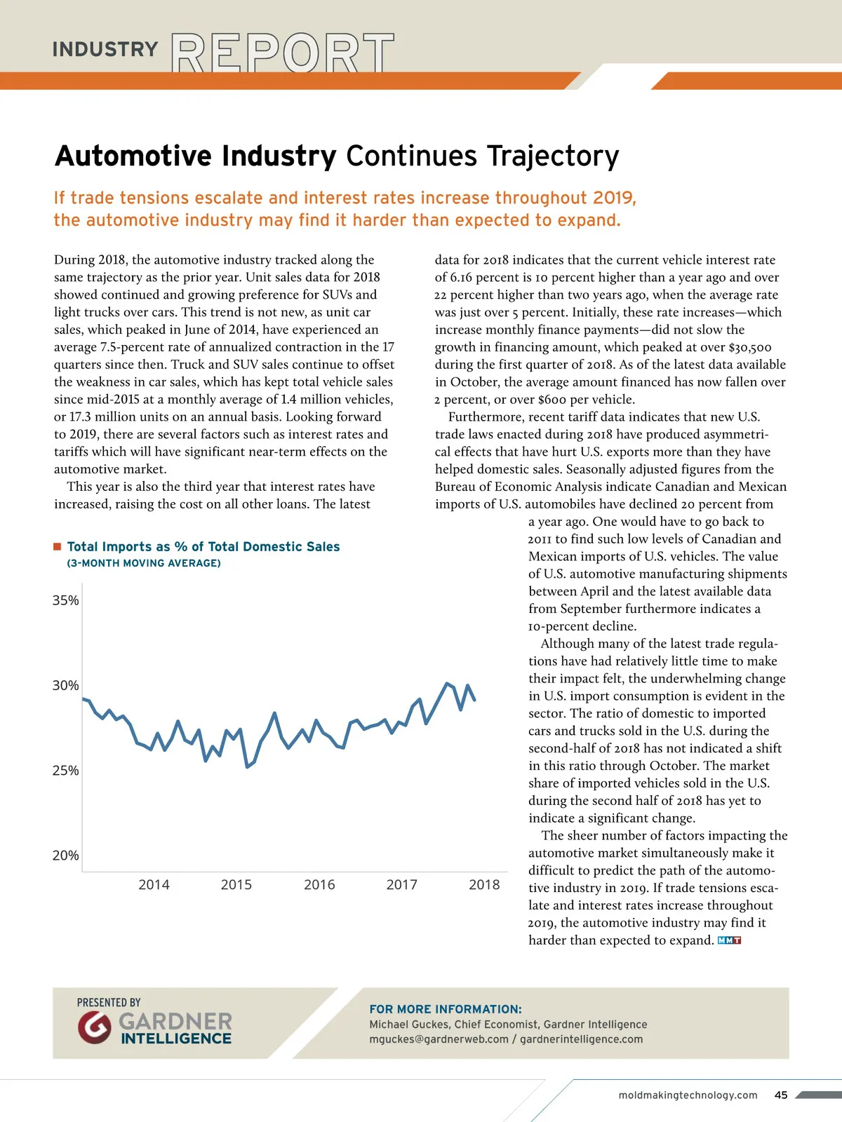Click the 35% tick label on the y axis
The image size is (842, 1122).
click(65, 600)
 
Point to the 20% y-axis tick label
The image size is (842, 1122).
click(65, 856)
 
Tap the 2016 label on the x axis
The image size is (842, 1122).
click(319, 885)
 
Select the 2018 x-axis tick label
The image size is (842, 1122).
click(484, 885)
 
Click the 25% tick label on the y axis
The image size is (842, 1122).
click(65, 771)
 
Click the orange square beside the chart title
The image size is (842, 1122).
click(58, 546)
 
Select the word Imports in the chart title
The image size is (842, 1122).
click(127, 547)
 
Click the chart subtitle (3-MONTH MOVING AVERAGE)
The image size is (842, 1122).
click(144, 563)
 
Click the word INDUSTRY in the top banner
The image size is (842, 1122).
click(105, 50)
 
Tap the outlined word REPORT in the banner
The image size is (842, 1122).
click(282, 53)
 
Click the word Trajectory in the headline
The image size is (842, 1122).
click(552, 156)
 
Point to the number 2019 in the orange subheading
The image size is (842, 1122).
click(613, 198)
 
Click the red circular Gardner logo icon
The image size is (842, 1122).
click(95, 1027)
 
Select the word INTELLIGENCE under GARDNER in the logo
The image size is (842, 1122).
click(176, 1039)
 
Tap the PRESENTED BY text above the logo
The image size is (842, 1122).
click(109, 1003)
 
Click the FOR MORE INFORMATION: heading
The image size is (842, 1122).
click(446, 1009)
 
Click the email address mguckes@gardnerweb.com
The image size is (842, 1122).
click(439, 1039)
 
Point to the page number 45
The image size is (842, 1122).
click(781, 1095)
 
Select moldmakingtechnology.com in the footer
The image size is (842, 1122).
click(688, 1095)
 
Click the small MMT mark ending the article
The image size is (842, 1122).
click(730, 940)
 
